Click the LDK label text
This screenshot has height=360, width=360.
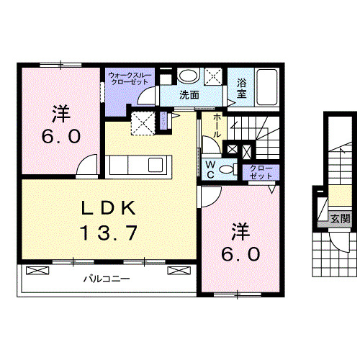[108, 208]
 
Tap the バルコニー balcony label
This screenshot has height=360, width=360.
[105, 278]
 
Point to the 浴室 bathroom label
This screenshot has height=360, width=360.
[241, 88]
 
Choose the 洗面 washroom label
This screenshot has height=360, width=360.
[189, 94]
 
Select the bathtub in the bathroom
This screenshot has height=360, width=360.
[267, 89]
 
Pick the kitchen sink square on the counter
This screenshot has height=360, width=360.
[156, 165]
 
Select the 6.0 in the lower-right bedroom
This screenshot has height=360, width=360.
[240, 254]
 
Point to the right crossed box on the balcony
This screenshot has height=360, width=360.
[177, 271]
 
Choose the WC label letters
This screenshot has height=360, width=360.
[211, 169]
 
